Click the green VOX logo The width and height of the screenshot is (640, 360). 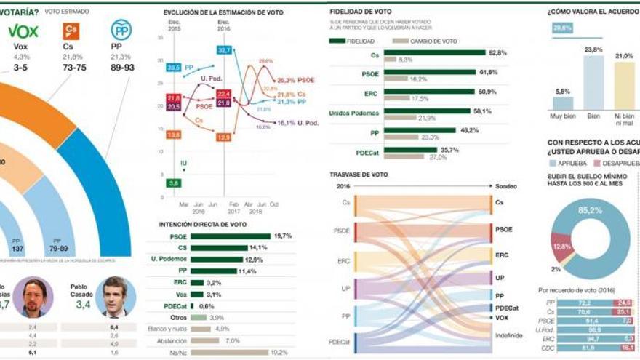pyautogui.click(x=23, y=31)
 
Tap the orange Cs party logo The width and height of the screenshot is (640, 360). pyautogui.click(x=71, y=31)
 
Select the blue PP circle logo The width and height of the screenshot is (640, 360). pyautogui.click(x=120, y=30)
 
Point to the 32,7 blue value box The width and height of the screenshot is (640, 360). pyautogui.click(x=224, y=50)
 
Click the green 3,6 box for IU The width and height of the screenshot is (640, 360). pyautogui.click(x=173, y=183)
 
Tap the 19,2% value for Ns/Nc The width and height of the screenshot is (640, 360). pyautogui.click(x=279, y=352)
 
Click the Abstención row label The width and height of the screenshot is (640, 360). pyautogui.click(x=172, y=340)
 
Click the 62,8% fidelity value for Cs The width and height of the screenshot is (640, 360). pyautogui.click(x=497, y=52)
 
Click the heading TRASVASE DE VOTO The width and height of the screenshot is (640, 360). pyautogui.click(x=359, y=175)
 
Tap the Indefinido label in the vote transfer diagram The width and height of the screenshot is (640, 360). pyautogui.click(x=508, y=335)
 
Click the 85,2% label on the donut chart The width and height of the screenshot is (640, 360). pyautogui.click(x=590, y=210)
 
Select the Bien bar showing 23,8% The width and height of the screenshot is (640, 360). pyautogui.click(x=593, y=83)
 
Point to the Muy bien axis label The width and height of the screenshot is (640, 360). pyautogui.click(x=562, y=116)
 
